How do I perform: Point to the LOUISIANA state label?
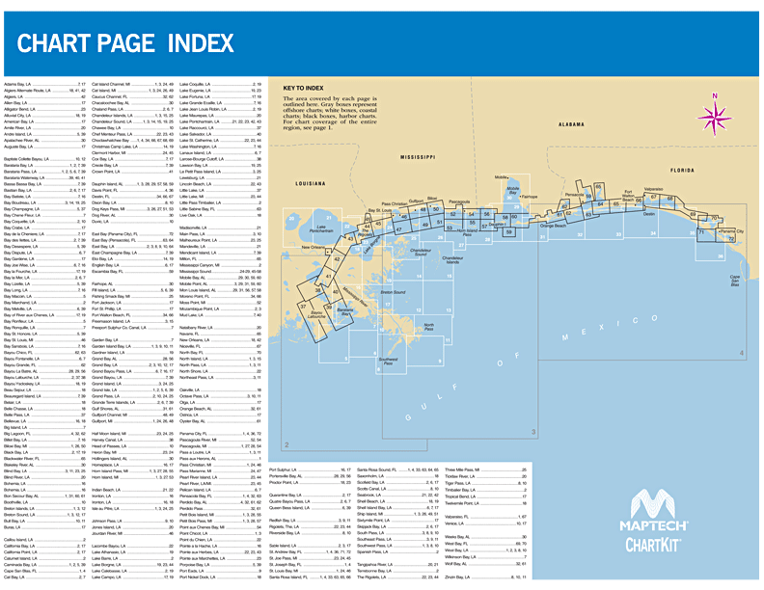312,182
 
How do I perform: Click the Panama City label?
733,231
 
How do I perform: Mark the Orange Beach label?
554,226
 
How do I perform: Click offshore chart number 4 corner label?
742,381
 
